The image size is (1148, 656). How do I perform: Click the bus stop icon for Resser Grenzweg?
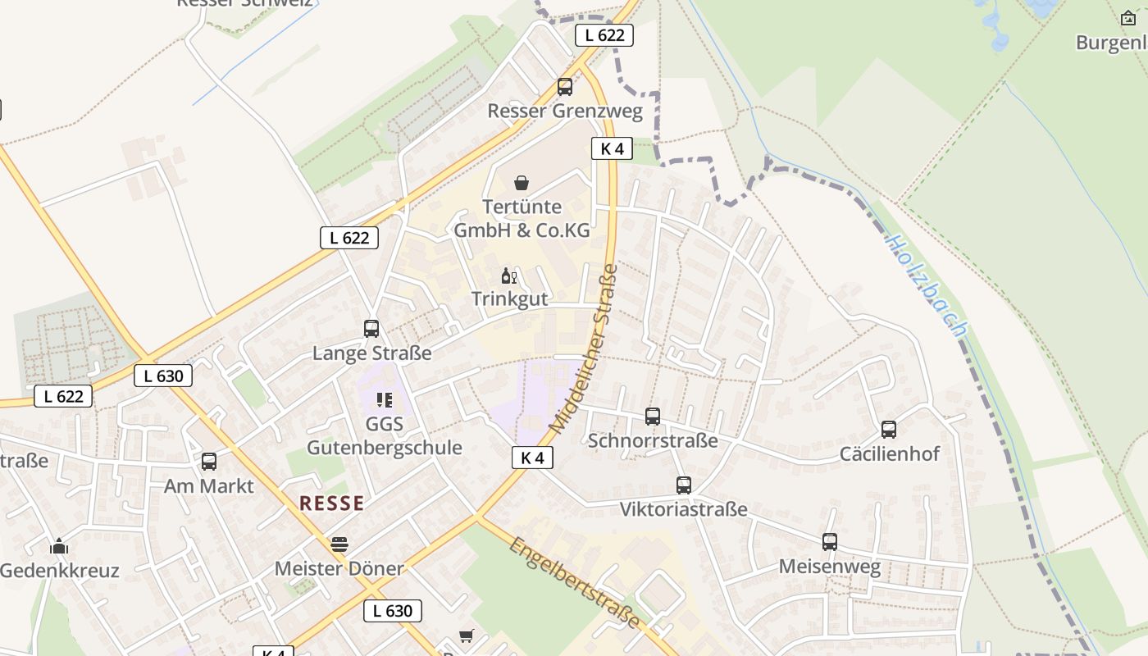tap(564, 87)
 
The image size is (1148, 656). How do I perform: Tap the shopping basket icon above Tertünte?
tap(521, 182)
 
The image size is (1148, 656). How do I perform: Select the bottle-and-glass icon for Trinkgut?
tap(508, 276)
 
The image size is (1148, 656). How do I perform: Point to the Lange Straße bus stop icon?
tap(371, 329)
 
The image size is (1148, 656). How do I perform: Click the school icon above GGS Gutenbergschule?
tap(384, 400)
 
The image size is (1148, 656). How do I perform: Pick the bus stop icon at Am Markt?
tap(209, 462)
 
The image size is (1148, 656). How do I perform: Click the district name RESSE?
tap(331, 503)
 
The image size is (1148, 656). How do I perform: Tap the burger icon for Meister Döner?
tap(339, 544)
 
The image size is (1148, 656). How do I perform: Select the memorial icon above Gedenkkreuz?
tap(59, 547)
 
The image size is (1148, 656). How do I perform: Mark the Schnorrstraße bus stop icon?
tap(652, 417)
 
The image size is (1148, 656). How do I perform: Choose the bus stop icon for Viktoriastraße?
tap(683, 485)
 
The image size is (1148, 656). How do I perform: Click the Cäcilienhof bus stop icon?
tap(889, 430)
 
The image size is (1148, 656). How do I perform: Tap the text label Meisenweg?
tap(829, 567)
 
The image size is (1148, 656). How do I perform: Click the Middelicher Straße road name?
tap(583, 348)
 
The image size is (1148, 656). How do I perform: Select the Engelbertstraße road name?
tap(574, 582)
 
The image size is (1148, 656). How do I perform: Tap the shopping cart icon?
tap(467, 635)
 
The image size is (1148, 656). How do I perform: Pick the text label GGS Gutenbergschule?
tap(384, 436)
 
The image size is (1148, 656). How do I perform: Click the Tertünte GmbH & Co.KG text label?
tap(522, 219)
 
